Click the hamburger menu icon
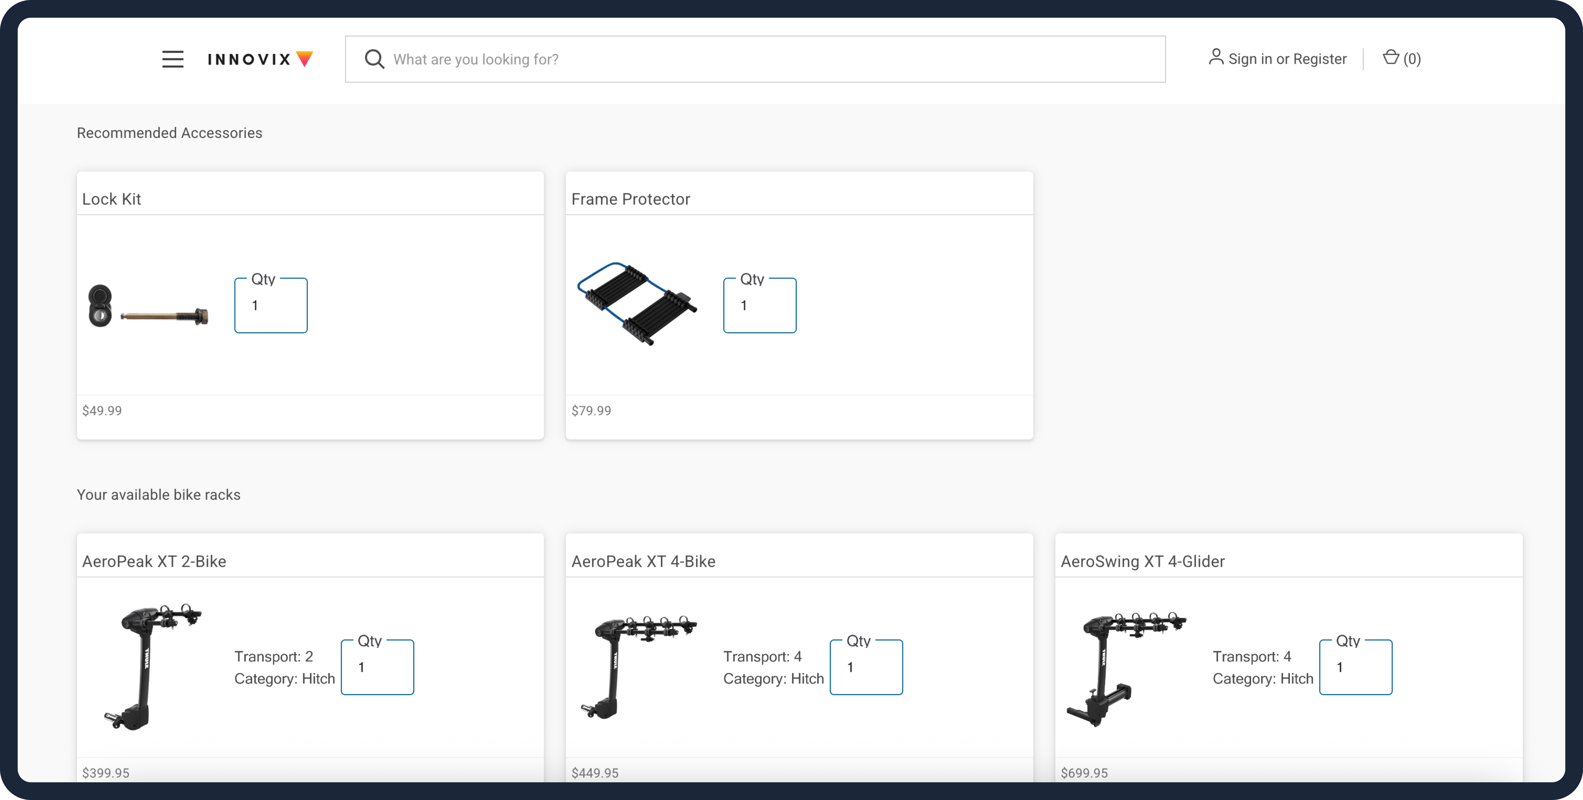coord(173,59)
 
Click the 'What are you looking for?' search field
coord(737,59)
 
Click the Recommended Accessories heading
coord(169,133)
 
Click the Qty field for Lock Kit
coord(271,306)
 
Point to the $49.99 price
coord(102,411)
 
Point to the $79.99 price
coord(591,411)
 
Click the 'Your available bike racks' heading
coord(158,495)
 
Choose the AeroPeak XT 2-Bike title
coord(154,561)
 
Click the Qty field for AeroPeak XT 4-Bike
coord(866,667)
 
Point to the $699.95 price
coord(1084,773)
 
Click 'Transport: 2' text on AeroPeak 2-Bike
coord(273,657)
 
